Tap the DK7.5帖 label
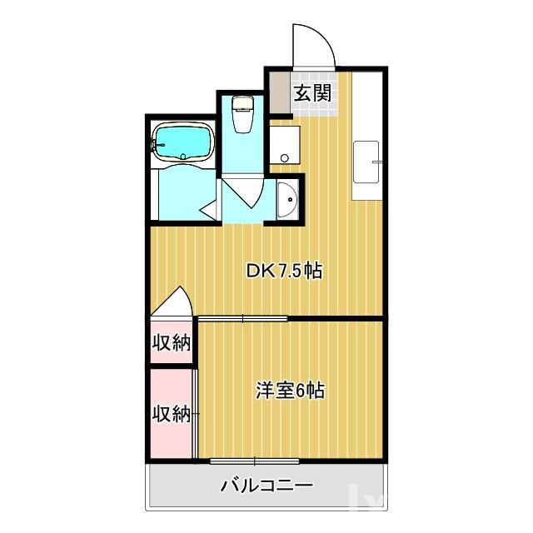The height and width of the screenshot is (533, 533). pyautogui.click(x=284, y=271)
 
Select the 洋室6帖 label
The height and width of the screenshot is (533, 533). pyautogui.click(x=291, y=389)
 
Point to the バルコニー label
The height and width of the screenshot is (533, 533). pyautogui.click(x=266, y=486)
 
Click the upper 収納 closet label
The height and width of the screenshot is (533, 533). pyautogui.click(x=172, y=342)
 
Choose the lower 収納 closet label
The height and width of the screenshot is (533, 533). pyautogui.click(x=172, y=413)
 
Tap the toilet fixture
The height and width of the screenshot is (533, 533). pyautogui.click(x=242, y=114)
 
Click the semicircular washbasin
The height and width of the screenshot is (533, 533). pyautogui.click(x=286, y=201)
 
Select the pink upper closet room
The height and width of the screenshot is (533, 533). pyautogui.click(x=172, y=350)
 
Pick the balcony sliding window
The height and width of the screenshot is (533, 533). pyautogui.click(x=254, y=461)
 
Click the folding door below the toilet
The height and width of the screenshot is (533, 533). pyautogui.click(x=242, y=197)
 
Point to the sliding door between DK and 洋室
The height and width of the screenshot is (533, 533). pyautogui.click(x=242, y=318)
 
